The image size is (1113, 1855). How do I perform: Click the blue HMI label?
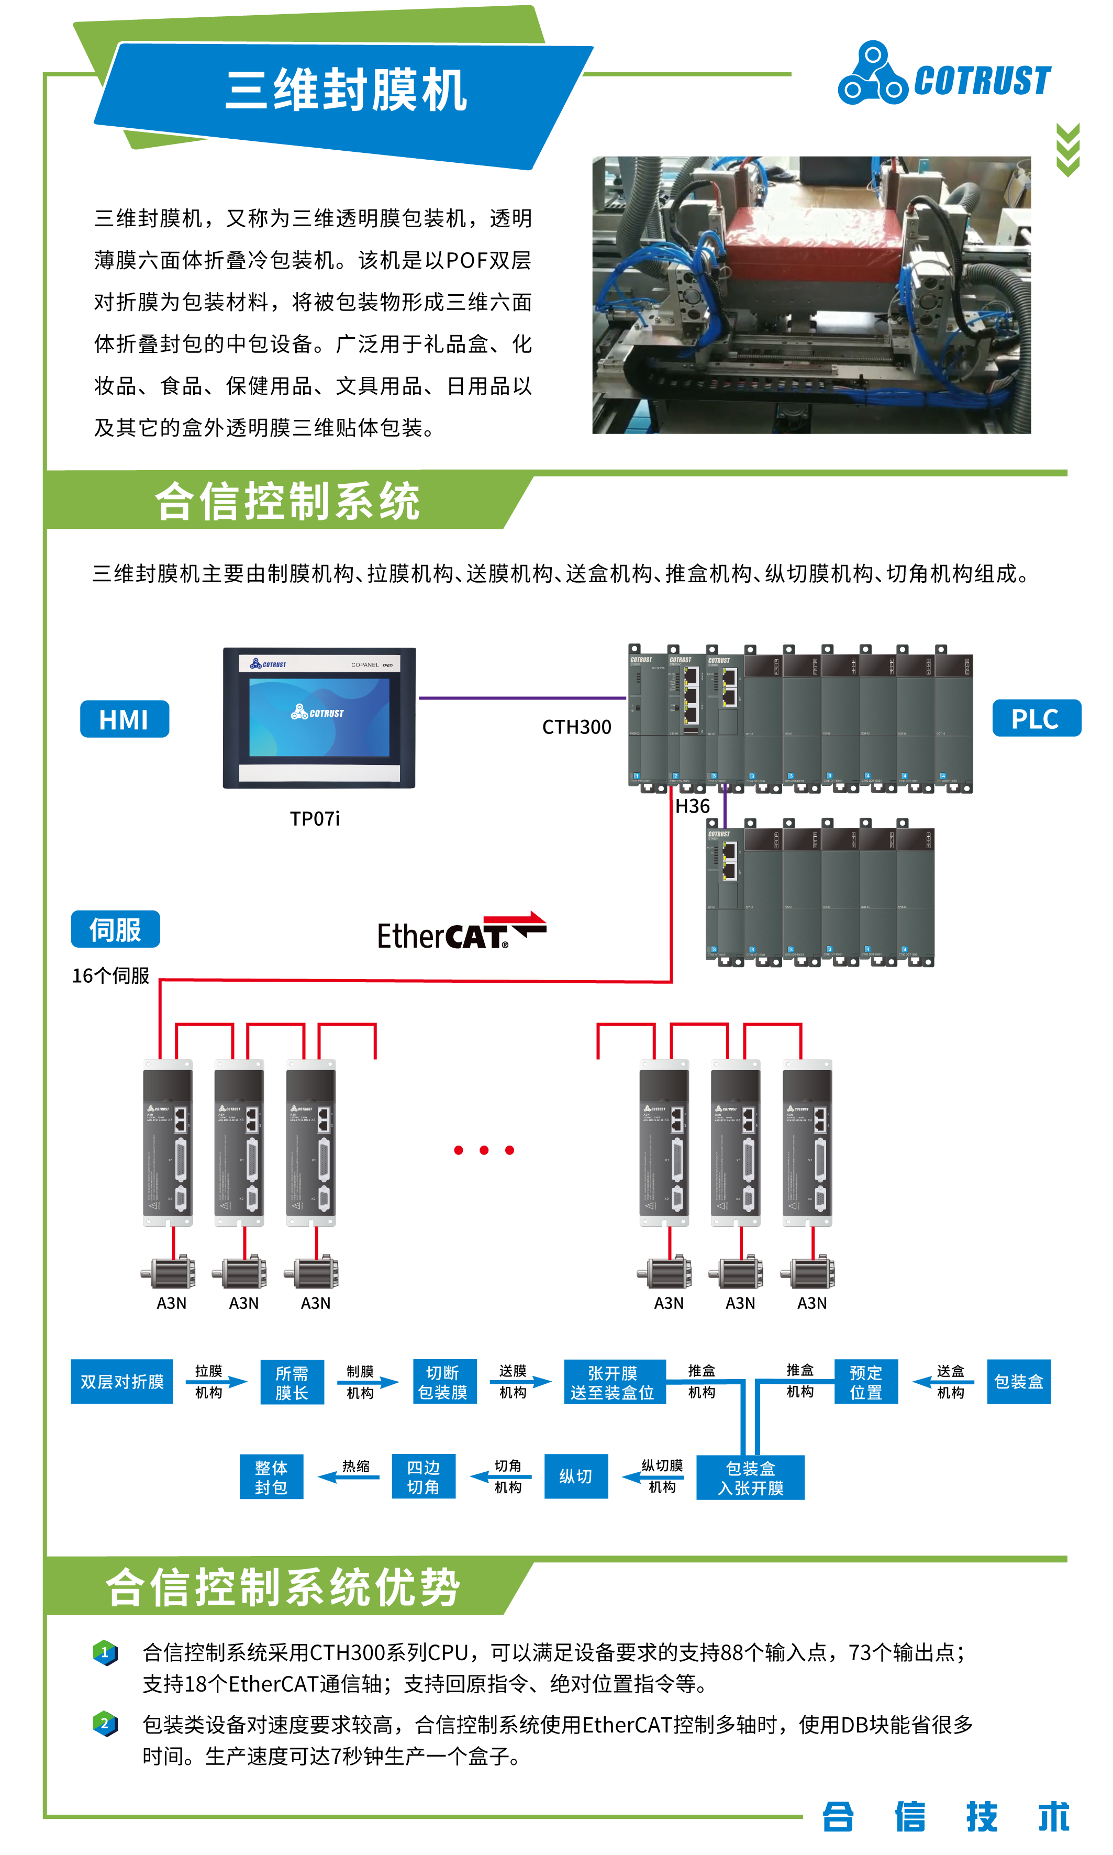click(125, 719)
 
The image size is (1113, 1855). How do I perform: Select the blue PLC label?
click(1036, 718)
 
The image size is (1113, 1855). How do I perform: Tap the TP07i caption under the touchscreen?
click(314, 818)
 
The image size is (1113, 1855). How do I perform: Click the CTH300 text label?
click(576, 727)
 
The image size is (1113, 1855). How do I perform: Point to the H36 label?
click(692, 806)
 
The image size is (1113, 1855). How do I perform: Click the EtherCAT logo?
click(461, 931)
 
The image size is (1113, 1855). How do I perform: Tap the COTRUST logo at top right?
click(944, 75)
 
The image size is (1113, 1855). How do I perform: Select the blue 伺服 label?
click(116, 929)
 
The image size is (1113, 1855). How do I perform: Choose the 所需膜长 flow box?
click(292, 1382)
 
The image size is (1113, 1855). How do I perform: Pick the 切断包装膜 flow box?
click(443, 1382)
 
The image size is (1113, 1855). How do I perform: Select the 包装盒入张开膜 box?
click(750, 1477)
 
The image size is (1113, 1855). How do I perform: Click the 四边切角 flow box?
click(423, 1476)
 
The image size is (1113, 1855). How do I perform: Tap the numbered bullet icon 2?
click(105, 1723)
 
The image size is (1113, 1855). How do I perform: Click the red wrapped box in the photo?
click(810, 232)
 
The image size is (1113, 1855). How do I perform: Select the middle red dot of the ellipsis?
click(484, 1150)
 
